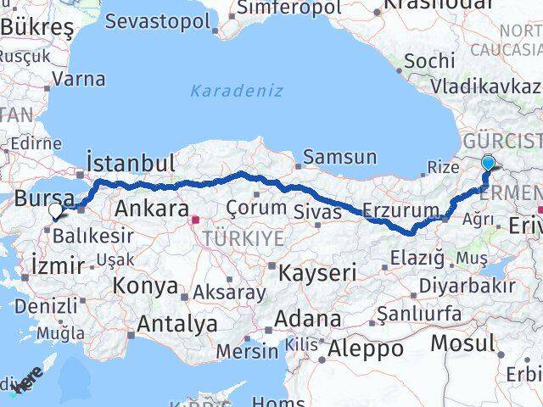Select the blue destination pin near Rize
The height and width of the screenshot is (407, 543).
click(489, 164)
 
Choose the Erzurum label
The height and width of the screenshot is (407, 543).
click(400, 209)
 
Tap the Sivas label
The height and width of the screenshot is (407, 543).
click(316, 209)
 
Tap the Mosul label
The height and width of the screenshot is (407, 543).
click(462, 343)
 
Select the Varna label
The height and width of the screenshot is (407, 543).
click(79, 80)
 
